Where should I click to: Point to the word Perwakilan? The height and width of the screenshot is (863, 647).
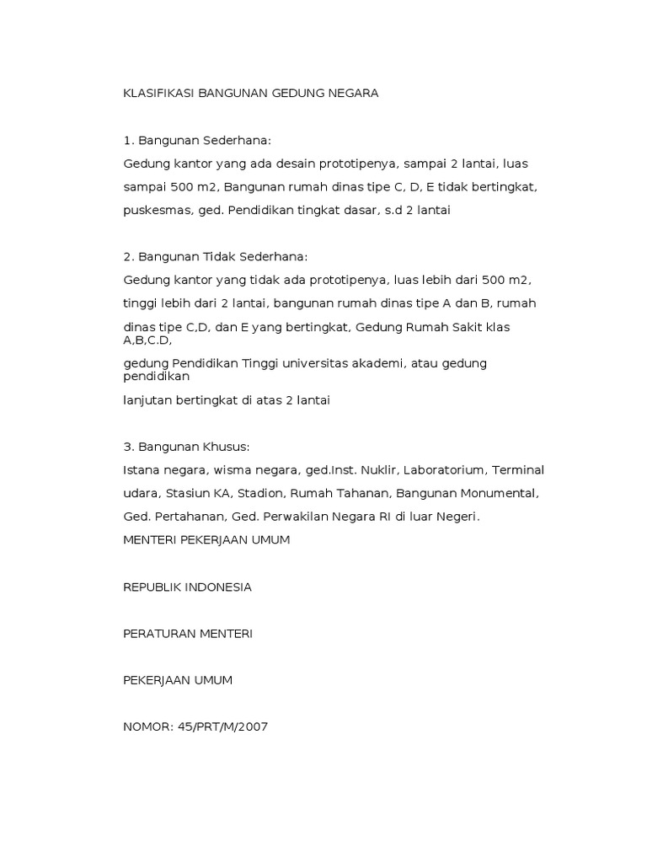click(281, 517)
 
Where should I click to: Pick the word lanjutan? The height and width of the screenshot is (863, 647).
click(148, 400)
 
